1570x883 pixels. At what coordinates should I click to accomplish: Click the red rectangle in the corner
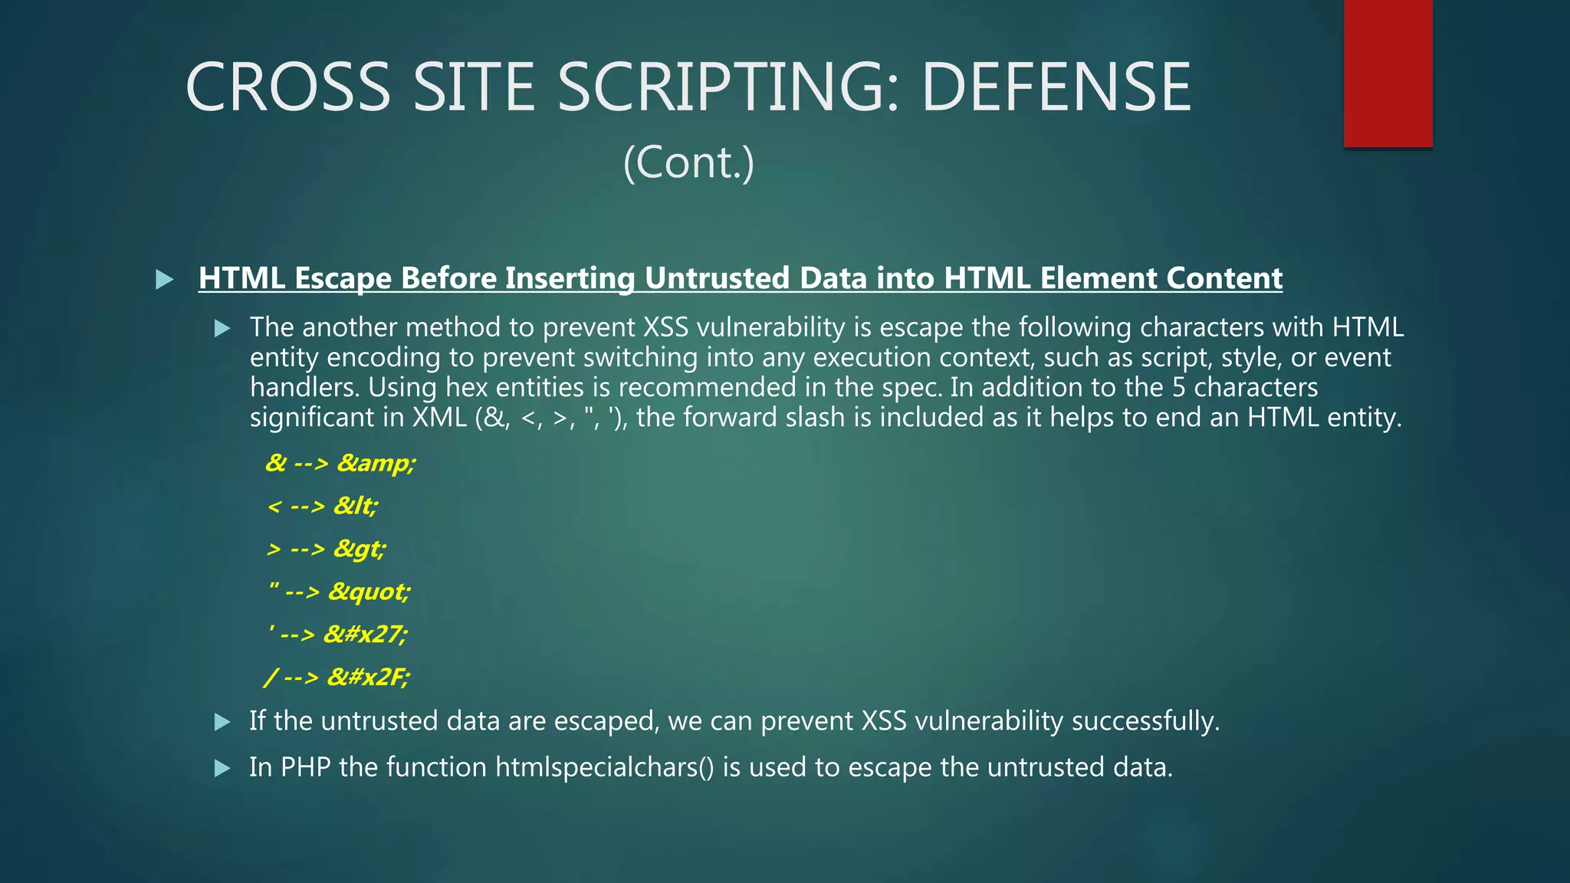[1388, 73]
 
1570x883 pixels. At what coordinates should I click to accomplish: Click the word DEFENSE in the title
[1056, 87]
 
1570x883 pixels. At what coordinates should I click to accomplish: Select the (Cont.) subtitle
[688, 162]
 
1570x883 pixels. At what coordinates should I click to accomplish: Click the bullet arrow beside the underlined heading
[164, 279]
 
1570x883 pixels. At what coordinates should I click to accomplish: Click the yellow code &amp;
[376, 463]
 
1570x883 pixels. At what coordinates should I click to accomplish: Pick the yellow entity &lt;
[356, 506]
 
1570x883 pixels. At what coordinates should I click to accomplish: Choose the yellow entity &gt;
[360, 549]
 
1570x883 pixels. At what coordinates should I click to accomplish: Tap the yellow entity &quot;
[370, 592]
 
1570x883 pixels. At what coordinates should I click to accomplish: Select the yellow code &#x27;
[366, 635]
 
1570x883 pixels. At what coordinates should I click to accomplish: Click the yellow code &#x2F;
[368, 678]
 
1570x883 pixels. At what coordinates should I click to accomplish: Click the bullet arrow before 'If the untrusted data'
[222, 722]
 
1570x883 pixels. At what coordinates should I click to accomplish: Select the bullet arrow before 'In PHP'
[222, 768]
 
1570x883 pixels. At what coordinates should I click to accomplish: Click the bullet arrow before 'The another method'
[222, 329]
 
